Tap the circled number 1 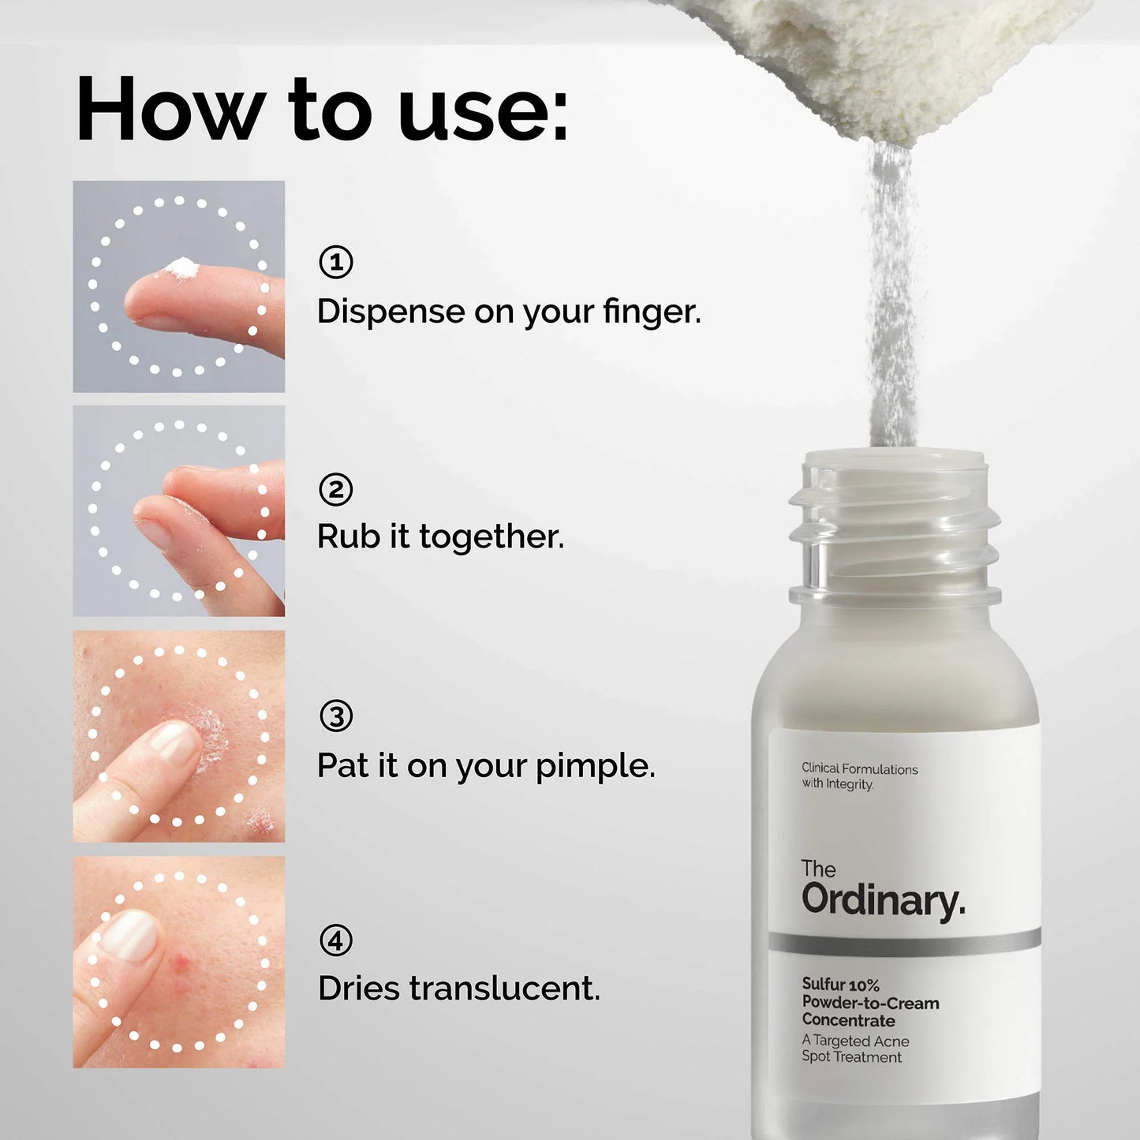(x=335, y=262)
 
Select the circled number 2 (x=335, y=489)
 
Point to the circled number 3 (x=336, y=716)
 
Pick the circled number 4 (x=336, y=940)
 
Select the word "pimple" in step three (x=594, y=766)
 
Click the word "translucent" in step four (x=503, y=989)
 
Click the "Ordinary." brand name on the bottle (x=883, y=900)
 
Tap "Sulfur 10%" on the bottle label (x=840, y=985)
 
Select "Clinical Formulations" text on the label (x=859, y=768)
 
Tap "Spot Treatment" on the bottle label (x=851, y=1057)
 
